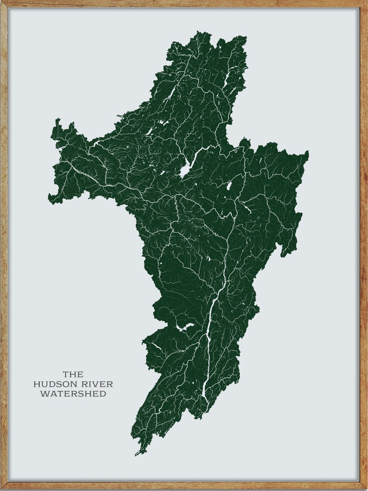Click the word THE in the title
coord(73,374)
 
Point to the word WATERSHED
coord(73,394)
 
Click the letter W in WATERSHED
coord(44,394)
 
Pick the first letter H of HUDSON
coord(36,384)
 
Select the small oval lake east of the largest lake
coord(229,186)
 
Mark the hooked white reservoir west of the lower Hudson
coord(184,327)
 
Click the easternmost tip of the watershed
coord(308,153)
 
